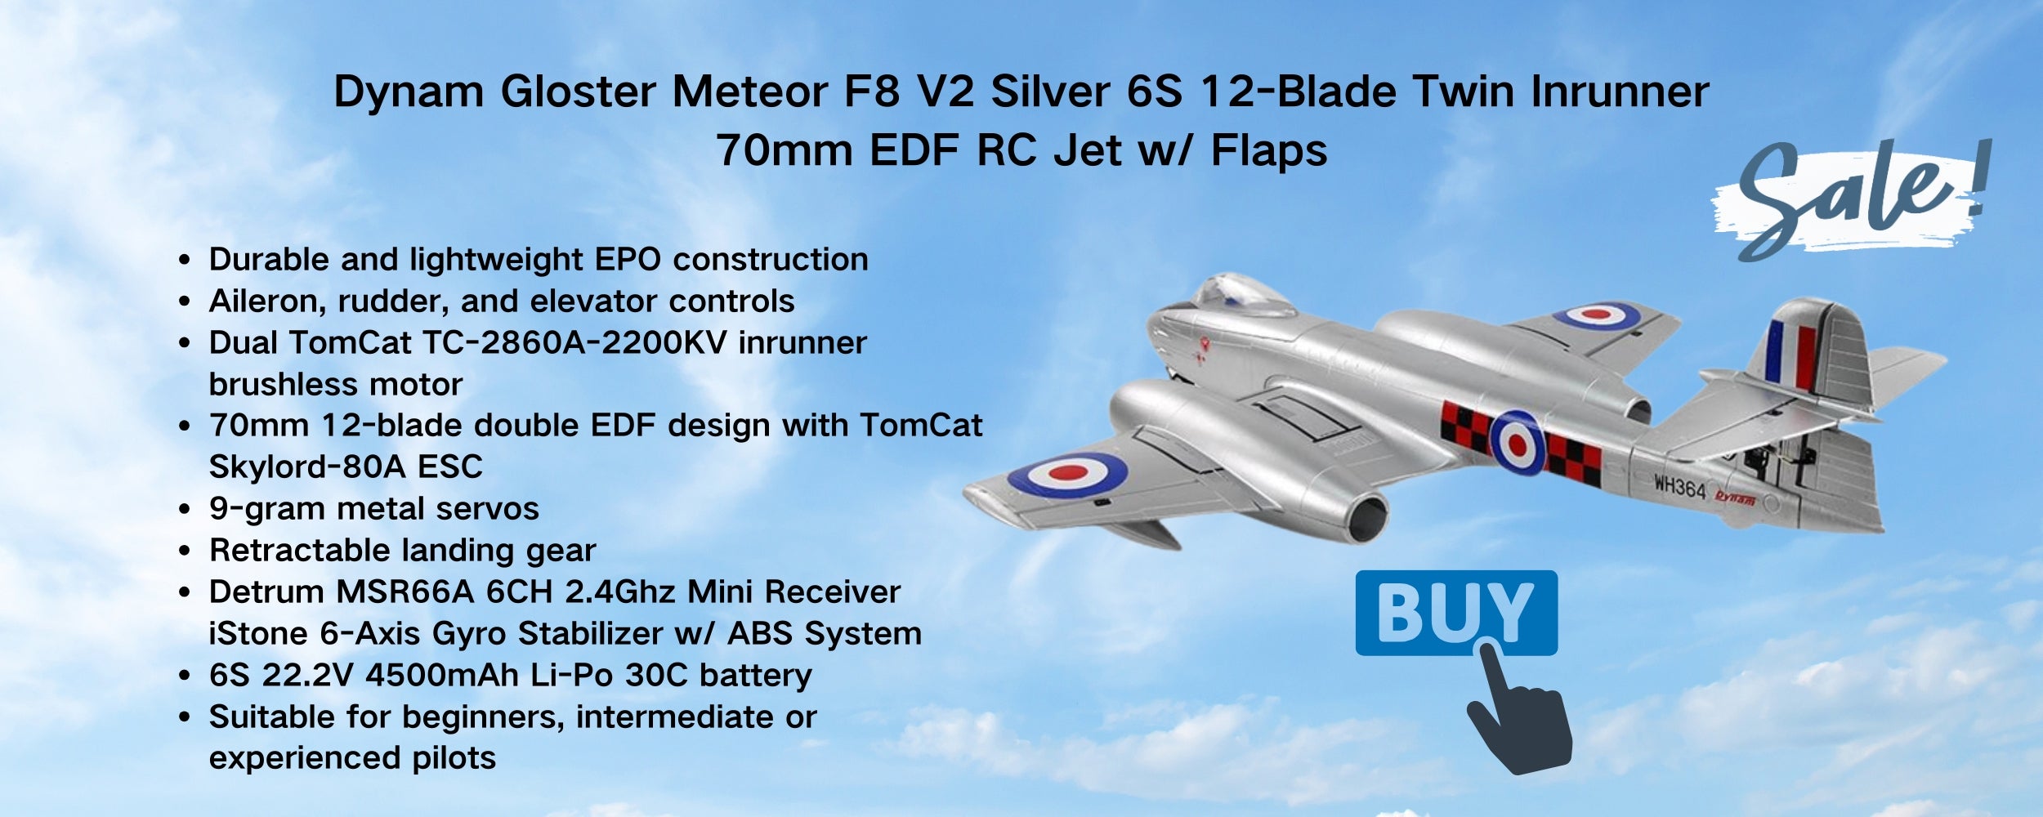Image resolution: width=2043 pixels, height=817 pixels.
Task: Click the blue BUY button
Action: pyautogui.click(x=1456, y=613)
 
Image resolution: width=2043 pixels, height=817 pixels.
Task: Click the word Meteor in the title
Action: pyautogui.click(x=750, y=91)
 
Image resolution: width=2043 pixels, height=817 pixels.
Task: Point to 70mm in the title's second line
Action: pyautogui.click(x=785, y=150)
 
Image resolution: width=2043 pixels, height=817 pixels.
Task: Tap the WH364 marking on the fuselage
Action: pyautogui.click(x=1680, y=487)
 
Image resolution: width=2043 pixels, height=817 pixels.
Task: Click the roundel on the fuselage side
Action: pyautogui.click(x=1517, y=444)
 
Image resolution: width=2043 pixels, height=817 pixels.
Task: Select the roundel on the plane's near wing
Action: pyautogui.click(x=1067, y=474)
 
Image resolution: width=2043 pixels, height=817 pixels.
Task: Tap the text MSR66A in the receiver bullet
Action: pyautogui.click(x=405, y=592)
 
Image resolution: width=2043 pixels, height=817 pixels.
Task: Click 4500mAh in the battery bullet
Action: pyautogui.click(x=442, y=675)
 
